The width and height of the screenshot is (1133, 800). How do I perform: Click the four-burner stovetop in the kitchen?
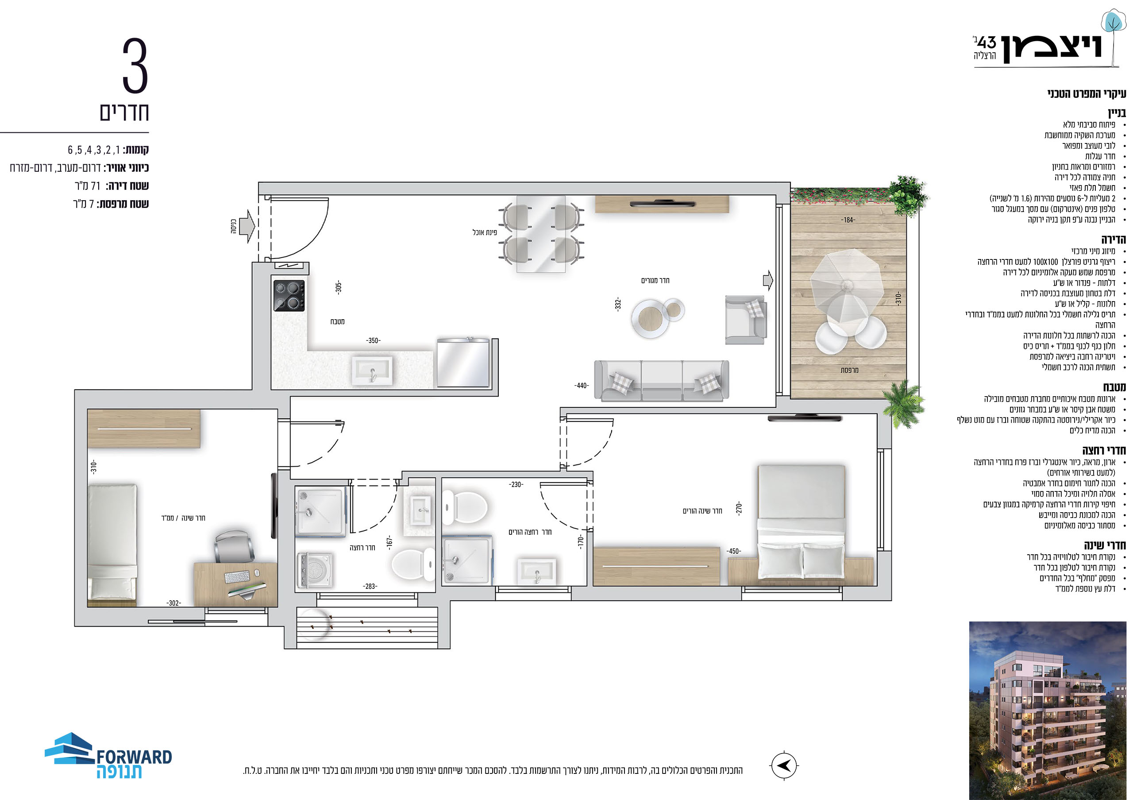pos(289,295)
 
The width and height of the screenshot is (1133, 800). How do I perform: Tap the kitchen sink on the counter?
pos(372,370)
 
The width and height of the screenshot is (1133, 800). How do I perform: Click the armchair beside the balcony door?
pos(745,319)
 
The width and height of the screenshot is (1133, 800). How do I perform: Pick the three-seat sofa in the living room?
pos(661,379)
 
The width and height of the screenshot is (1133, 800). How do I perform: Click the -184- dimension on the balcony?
pos(848,220)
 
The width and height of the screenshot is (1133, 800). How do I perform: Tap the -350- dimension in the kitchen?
pos(373,340)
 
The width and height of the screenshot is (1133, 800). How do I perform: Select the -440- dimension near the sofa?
pos(581,386)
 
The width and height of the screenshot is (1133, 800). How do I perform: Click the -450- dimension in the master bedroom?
pos(733,551)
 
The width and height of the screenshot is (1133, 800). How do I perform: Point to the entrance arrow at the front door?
pos(247,226)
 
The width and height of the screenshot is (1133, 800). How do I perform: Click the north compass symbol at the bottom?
pos(784,765)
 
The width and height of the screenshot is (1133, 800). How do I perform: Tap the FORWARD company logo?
pos(108,756)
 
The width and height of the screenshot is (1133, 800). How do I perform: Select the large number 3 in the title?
pos(135,66)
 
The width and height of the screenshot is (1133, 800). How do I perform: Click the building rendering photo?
pos(1047,710)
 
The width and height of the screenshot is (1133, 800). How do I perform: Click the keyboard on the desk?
pos(237,576)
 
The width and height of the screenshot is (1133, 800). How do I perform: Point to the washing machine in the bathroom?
pos(314,571)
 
